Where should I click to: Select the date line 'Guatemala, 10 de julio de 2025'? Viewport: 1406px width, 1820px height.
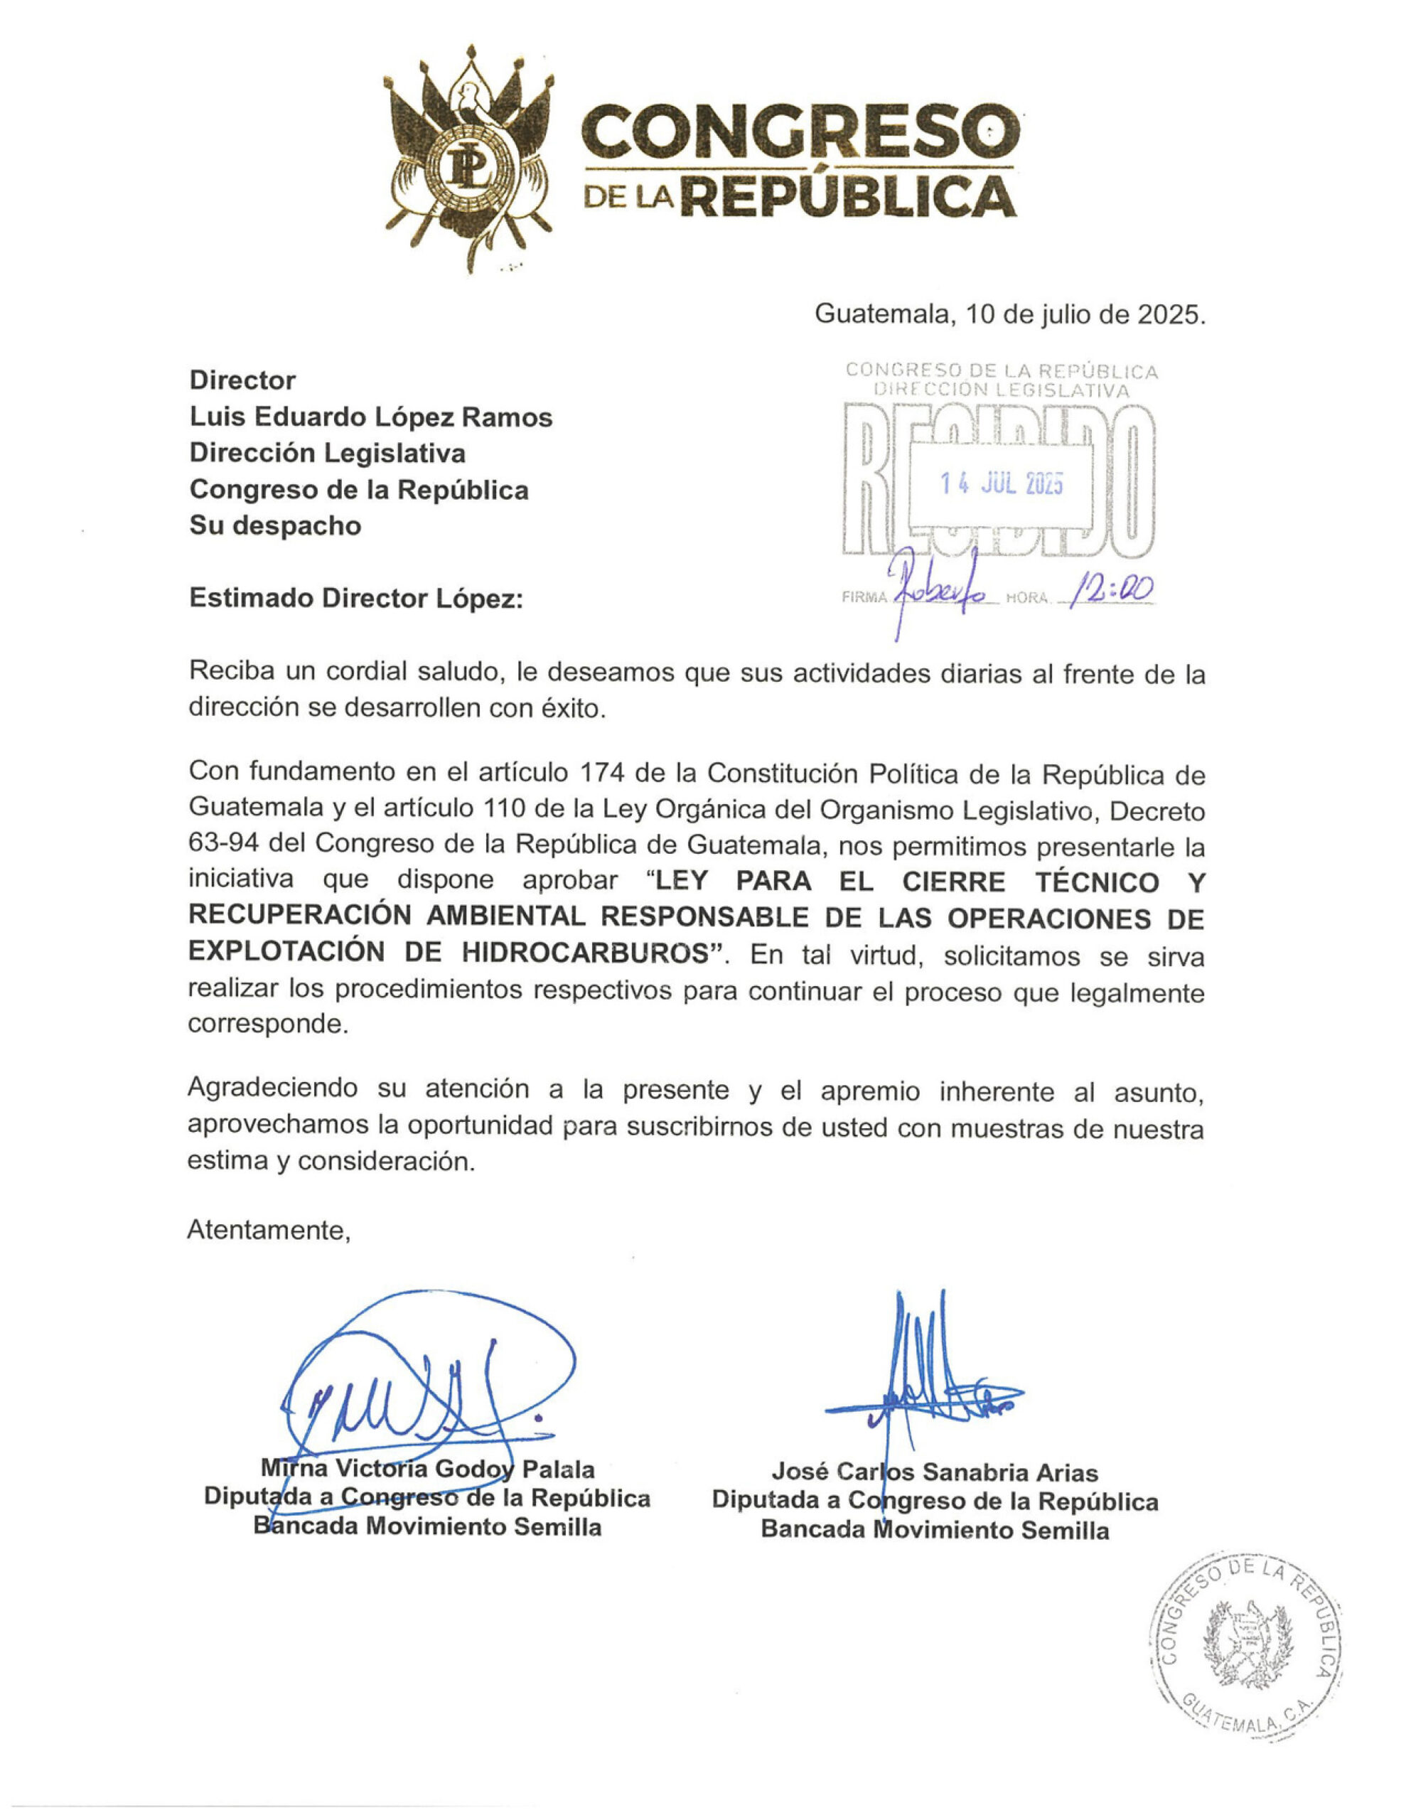[x=1009, y=314]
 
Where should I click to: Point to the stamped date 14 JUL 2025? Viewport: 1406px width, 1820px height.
[x=1001, y=484]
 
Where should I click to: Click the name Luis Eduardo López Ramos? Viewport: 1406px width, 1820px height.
[x=371, y=417]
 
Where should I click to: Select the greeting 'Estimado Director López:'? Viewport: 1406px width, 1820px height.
[x=356, y=599]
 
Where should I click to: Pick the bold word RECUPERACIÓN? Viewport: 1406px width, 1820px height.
[x=300, y=916]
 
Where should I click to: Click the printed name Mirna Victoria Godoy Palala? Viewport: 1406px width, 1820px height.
[x=427, y=1468]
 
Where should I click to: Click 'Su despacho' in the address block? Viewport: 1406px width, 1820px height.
[x=275, y=526]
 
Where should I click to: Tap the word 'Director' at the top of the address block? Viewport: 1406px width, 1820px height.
[x=242, y=380]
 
